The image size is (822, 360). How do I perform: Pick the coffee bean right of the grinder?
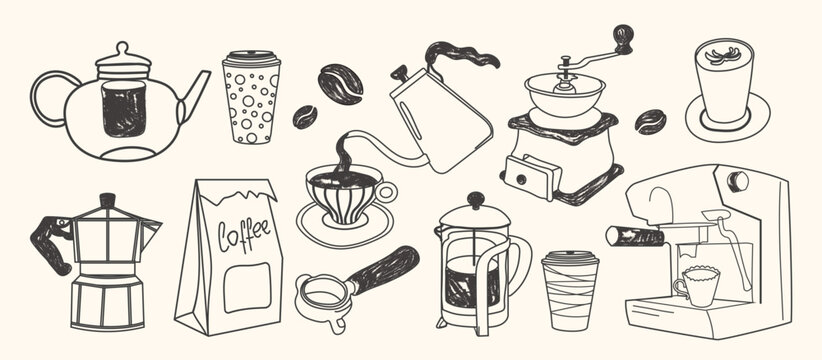[x=651, y=121]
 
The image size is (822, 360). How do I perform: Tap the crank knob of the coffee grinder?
[x=624, y=37]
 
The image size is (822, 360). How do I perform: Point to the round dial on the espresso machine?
[x=738, y=180]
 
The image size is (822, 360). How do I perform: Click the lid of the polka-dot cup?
[x=251, y=58]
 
